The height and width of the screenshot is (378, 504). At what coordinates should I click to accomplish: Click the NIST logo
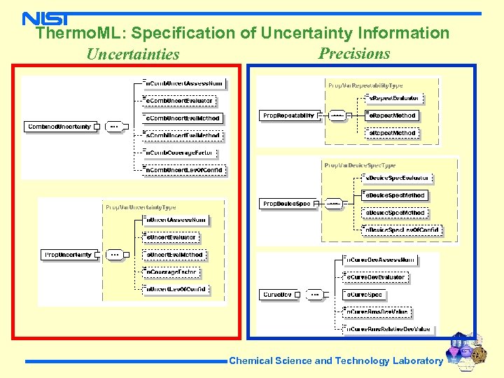pos(45,19)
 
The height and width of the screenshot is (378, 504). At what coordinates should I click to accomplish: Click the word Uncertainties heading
pos(133,55)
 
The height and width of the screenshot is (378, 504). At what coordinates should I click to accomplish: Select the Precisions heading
pos(354,54)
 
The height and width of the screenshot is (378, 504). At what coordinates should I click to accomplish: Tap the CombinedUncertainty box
pos(60,127)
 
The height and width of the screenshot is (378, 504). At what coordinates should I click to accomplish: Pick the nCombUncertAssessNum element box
pos(183,84)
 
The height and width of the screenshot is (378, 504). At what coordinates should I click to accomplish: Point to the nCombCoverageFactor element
pos(179,153)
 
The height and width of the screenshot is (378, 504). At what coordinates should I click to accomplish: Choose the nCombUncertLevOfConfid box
pos(183,170)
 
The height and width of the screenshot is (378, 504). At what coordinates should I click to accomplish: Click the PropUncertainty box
pos(69,255)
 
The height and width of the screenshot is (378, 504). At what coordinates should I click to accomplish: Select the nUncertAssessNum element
pos(175,220)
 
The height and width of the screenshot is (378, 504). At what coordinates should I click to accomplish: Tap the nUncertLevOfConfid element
pos(175,289)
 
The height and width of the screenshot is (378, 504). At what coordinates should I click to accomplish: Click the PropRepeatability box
pos(288,115)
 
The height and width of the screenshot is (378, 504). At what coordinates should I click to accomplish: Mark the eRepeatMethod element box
pos(393,115)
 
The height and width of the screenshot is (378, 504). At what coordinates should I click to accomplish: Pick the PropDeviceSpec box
pos(286,204)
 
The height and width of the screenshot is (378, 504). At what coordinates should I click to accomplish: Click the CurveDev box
pos(277,295)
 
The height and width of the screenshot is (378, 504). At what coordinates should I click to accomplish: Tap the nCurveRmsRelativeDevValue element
pos(389,329)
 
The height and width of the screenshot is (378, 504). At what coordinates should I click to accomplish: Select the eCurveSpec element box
pos(366,295)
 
